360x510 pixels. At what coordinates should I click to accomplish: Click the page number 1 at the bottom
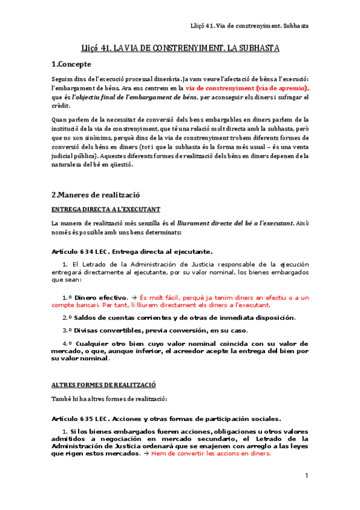[x=306, y=476]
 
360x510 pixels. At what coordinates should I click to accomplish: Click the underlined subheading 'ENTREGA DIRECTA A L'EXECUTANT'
[x=106, y=209]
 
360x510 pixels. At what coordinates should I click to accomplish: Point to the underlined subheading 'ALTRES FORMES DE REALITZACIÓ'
[x=103, y=384]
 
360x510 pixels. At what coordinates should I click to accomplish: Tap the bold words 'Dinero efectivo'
[x=100, y=297]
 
